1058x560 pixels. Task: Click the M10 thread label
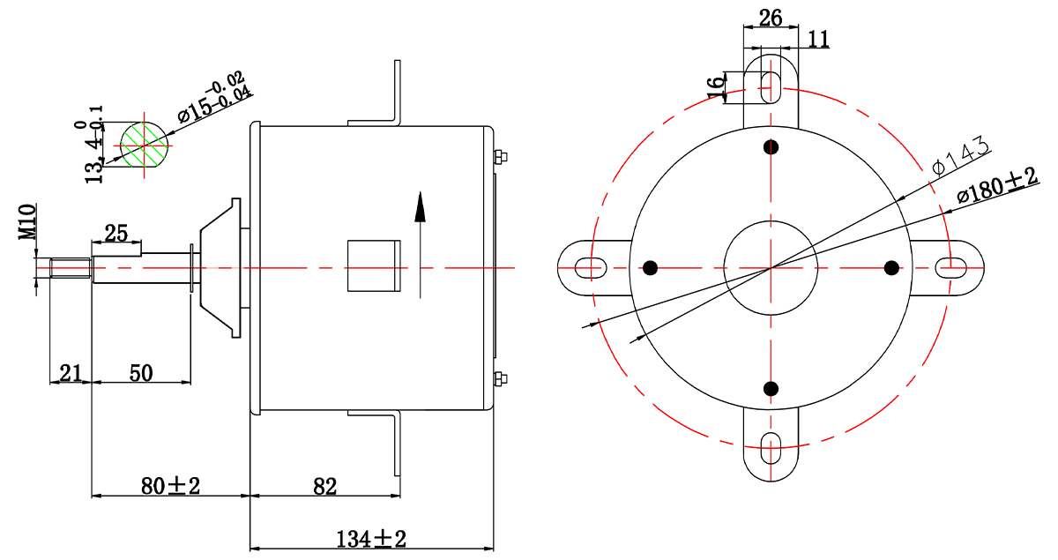27,221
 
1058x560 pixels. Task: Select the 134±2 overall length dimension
371,539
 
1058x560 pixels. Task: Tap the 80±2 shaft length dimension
170,486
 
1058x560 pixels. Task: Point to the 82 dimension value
325,487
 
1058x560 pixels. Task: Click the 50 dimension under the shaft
141,373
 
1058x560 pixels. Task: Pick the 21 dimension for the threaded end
71,373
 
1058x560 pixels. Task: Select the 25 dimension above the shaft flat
116,234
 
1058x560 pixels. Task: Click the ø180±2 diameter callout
997,185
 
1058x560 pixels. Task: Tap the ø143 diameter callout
961,156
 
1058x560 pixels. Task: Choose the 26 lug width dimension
771,18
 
